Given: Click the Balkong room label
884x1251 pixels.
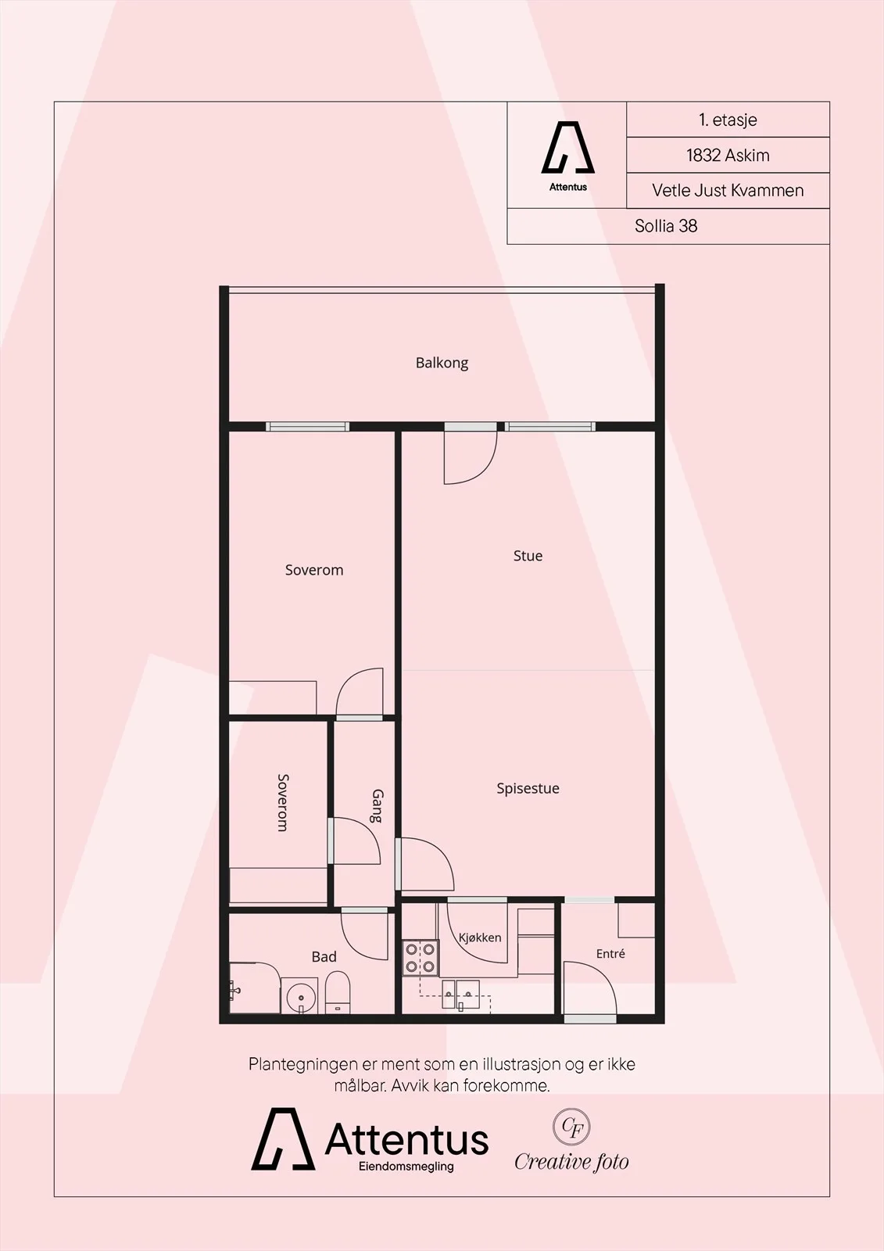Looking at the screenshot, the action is (x=442, y=364).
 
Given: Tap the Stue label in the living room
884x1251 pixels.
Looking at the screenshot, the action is (x=528, y=556).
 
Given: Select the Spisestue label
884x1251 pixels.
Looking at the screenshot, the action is (x=528, y=789).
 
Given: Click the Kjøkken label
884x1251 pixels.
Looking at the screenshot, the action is (x=480, y=937).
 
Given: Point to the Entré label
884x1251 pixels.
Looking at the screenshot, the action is (x=610, y=953).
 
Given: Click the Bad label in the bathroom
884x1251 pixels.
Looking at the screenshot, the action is (x=324, y=957).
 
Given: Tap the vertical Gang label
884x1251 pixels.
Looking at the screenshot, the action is (x=378, y=806).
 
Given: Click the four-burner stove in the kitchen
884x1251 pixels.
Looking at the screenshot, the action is (x=421, y=957).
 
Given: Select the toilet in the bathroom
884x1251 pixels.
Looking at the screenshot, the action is (x=338, y=992).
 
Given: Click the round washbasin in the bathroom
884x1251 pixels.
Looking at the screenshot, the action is (x=301, y=996).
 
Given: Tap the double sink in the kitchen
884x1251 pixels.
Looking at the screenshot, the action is (x=460, y=994).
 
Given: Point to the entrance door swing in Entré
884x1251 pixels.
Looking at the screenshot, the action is (x=590, y=988).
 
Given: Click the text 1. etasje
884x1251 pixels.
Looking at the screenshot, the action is (x=728, y=120).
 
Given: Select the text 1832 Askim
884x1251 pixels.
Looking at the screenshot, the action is (x=728, y=156).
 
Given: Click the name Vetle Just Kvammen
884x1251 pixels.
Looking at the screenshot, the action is (x=728, y=191).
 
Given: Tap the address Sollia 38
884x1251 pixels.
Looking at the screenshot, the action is (x=666, y=226).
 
